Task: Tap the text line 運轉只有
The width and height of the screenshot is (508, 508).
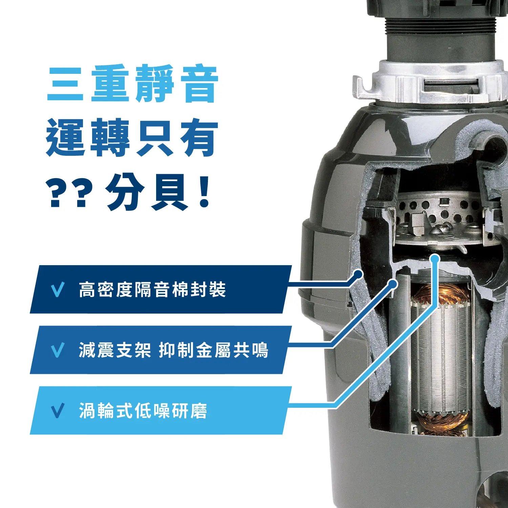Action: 132,137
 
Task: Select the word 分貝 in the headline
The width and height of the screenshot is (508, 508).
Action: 146,192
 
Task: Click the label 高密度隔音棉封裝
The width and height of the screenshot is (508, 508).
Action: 152,290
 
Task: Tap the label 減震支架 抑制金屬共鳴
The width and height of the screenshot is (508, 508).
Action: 173,350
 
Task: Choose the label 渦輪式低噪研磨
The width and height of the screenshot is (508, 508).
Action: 143,411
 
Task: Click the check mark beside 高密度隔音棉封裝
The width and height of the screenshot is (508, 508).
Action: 57,290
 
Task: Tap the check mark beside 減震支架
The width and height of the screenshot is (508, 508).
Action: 57,351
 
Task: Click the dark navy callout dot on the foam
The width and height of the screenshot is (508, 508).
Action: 358,274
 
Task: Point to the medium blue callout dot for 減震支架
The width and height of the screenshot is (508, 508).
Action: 393,284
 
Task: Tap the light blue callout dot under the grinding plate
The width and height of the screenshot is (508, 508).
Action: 435,259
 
